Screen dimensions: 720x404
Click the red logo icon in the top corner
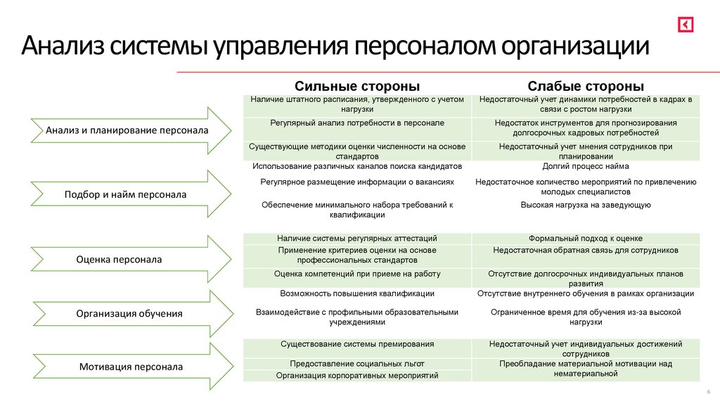[686, 24]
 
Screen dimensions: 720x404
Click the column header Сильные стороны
[357, 86]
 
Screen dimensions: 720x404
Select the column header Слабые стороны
[586, 86]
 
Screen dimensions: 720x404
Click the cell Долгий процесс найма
[586, 167]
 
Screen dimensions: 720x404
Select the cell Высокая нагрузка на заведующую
[586, 205]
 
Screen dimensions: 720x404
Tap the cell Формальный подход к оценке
[586, 239]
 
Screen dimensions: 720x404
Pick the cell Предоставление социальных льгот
[357, 364]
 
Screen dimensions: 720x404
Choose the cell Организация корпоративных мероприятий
[357, 376]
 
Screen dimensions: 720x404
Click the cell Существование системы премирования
[357, 344]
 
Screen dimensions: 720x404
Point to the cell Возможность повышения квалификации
[357, 293]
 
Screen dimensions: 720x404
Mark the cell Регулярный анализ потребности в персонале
[357, 123]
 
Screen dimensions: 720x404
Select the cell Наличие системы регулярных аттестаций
[357, 239]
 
